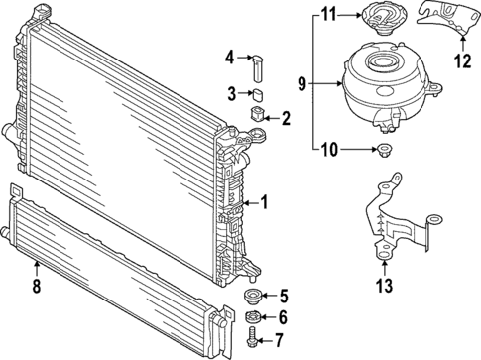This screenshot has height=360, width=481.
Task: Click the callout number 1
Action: click(x=265, y=203)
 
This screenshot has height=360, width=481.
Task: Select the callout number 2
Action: click(x=287, y=119)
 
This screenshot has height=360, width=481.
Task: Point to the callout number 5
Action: click(x=285, y=295)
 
